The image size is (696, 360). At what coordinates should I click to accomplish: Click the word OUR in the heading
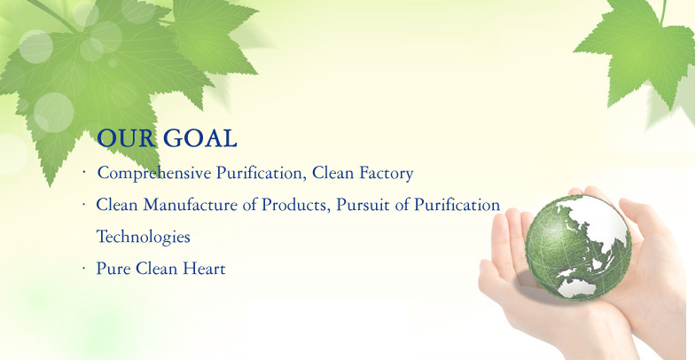coord(127,138)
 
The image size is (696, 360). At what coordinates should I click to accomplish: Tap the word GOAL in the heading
coord(200,138)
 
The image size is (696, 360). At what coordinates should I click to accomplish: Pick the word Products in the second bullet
coord(296,205)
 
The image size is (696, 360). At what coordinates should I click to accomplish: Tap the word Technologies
coord(143,237)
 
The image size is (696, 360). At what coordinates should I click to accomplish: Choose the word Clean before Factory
coord(332,173)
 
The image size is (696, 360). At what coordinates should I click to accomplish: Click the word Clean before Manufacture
coord(117,205)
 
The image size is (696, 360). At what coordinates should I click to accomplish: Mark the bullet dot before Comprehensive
coord(83,172)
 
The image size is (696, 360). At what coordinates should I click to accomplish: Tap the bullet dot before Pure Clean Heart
coord(83,268)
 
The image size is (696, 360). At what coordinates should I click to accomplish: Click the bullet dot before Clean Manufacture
coord(83,205)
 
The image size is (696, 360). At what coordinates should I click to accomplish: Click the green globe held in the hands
coord(578,247)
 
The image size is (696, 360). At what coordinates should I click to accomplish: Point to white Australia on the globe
coord(577,288)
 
